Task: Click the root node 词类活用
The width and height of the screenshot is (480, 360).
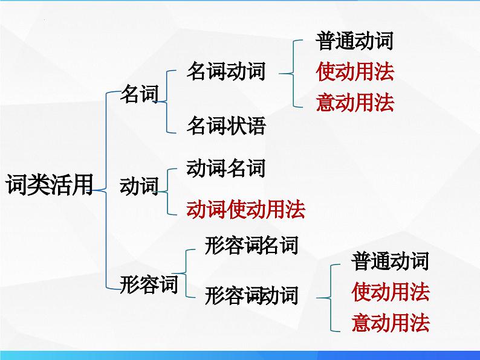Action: coord(49,184)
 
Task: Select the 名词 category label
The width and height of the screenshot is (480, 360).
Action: coord(139,94)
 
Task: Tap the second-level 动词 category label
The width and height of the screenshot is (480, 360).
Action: coord(139,186)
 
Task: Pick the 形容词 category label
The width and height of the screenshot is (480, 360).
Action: coord(149,283)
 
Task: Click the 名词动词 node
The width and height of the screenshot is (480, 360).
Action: coord(226,72)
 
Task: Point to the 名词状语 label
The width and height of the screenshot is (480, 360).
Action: coord(226,126)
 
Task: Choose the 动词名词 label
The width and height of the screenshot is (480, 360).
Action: coord(226,169)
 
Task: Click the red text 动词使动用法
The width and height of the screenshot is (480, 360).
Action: coord(245,210)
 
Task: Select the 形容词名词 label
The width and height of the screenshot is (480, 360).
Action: coord(251,246)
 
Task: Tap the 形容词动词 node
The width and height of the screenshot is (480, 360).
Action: coord(251,296)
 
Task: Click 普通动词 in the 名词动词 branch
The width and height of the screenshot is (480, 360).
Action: coord(354,41)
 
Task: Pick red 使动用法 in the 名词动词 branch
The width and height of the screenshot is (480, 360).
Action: coord(354,72)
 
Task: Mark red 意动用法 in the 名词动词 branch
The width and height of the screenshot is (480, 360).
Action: coord(354,103)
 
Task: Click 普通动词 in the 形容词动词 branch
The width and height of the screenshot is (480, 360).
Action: coord(390,262)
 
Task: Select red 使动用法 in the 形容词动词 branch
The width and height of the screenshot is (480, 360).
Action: coord(390,292)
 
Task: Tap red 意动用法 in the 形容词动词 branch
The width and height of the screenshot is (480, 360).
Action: coord(390,323)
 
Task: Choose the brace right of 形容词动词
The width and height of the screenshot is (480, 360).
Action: coord(327,297)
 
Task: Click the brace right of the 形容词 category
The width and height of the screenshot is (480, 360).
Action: coord(187,272)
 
